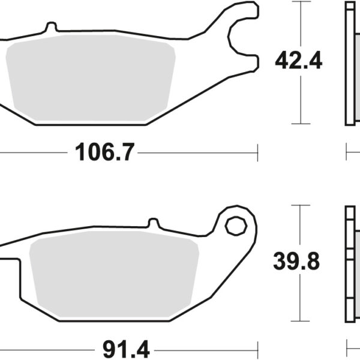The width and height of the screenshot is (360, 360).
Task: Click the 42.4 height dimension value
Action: point(298,61)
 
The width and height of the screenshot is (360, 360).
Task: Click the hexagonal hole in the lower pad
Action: point(235,226)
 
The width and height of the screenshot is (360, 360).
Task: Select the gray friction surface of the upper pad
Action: point(90,81)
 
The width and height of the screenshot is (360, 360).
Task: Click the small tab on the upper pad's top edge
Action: point(51,28)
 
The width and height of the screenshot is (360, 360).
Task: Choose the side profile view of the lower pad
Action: point(350,264)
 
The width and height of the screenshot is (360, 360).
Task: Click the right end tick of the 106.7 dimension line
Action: point(257,153)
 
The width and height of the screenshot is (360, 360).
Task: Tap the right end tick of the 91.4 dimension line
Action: point(257,347)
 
